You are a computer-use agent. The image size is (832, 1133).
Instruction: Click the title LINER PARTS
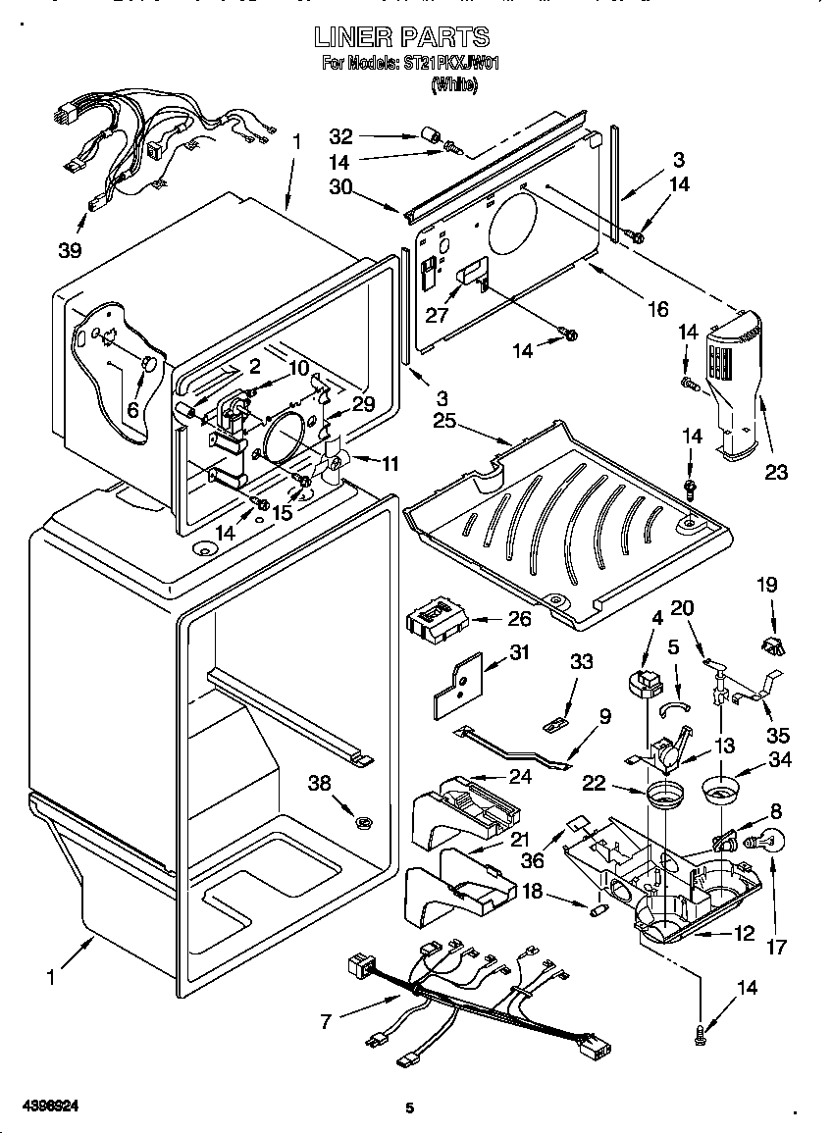click(x=401, y=37)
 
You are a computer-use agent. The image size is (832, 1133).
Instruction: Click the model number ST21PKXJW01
click(x=446, y=65)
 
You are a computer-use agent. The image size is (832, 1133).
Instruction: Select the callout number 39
click(x=69, y=250)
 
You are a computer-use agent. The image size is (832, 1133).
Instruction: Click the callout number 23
click(x=775, y=473)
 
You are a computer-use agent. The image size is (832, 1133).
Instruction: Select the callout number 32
click(x=339, y=135)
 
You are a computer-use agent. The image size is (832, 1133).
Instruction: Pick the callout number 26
click(x=519, y=618)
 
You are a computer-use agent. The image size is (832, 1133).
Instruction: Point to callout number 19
click(x=767, y=585)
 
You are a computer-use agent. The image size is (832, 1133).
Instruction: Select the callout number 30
click(x=339, y=188)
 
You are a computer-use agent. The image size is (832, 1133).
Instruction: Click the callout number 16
click(x=657, y=310)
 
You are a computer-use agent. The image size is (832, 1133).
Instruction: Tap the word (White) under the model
click(x=454, y=85)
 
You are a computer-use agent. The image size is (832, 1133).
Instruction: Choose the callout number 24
click(x=520, y=777)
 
